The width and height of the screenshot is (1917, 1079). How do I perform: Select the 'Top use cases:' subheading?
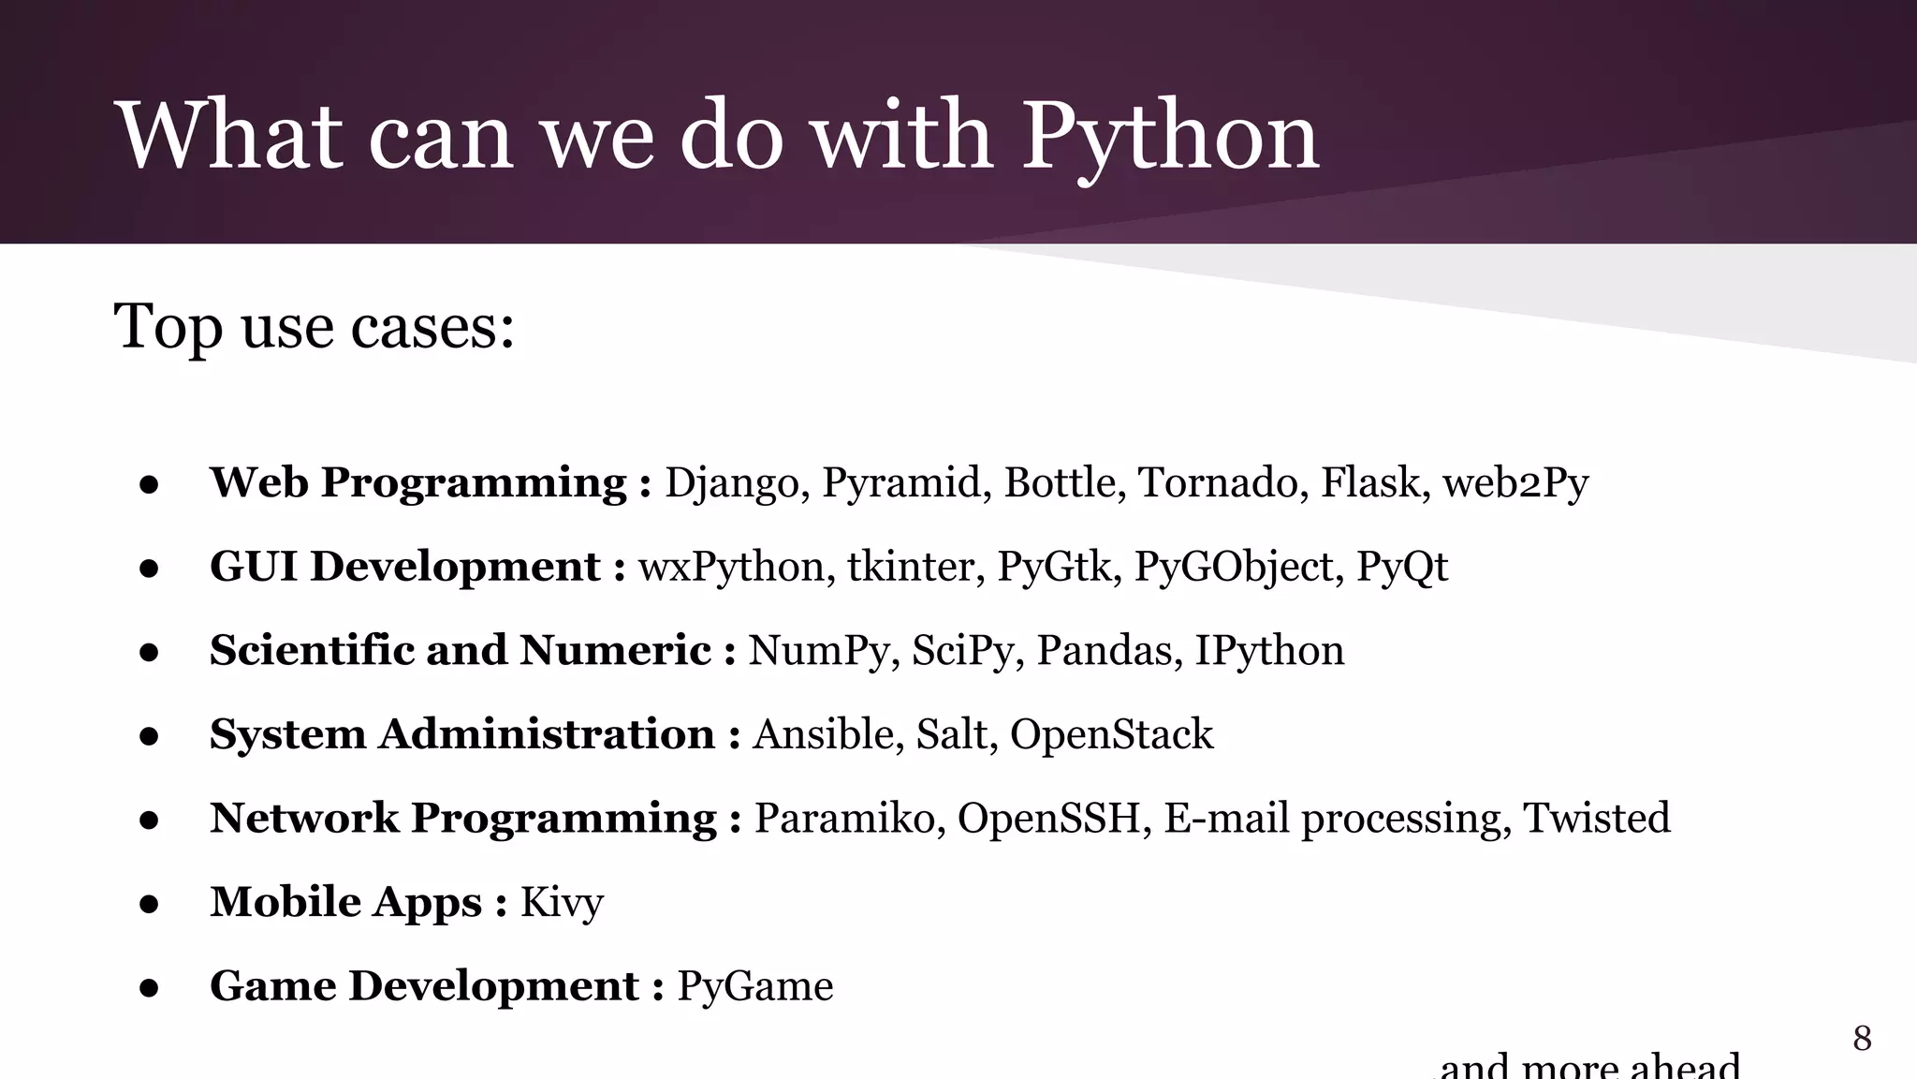point(314,327)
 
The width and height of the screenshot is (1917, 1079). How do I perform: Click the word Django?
point(731,483)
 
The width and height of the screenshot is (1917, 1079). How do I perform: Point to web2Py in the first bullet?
point(1515,483)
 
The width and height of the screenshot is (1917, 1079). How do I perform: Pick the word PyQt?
point(1401,568)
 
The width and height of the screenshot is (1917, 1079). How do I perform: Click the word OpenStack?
point(1111,734)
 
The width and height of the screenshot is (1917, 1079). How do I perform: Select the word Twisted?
point(1596,818)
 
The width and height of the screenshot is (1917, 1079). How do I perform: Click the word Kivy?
point(562,903)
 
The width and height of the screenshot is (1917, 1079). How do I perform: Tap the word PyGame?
point(754,986)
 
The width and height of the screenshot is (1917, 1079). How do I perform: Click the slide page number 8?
point(1862,1038)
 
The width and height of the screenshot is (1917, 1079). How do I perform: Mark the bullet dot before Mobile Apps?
point(149,905)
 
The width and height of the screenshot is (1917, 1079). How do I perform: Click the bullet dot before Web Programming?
point(149,485)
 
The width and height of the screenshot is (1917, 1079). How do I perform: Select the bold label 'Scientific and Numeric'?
point(460,651)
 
